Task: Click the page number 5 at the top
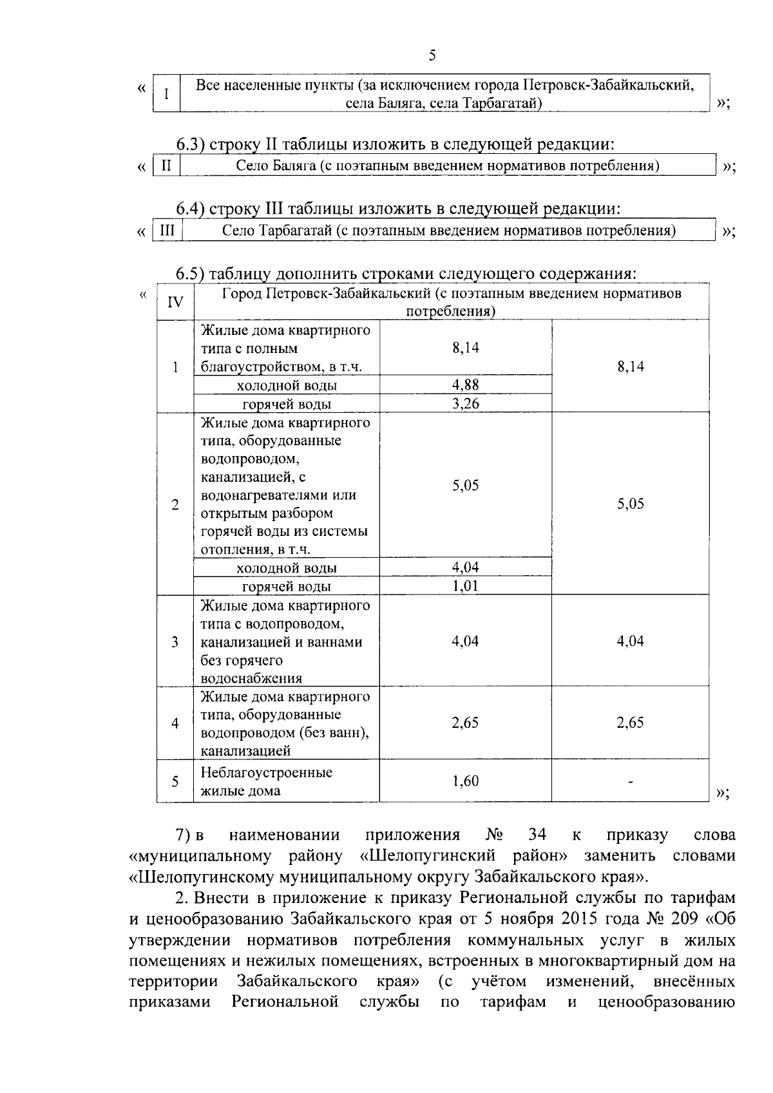[432, 56]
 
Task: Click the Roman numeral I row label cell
[166, 94]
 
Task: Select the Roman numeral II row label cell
[166, 166]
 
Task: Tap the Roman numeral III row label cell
[167, 230]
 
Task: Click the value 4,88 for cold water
[465, 385]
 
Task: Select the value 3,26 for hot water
[465, 404]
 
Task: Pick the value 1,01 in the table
[465, 586]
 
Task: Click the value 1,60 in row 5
[465, 781]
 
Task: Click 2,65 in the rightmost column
[630, 723]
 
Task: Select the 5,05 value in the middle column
[465, 486]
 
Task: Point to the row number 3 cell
[175, 642]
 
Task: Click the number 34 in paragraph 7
[537, 835]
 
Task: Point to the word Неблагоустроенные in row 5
[267, 772]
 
